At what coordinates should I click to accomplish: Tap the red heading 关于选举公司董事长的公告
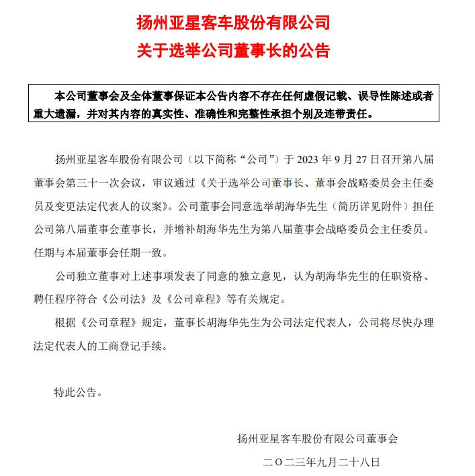237,50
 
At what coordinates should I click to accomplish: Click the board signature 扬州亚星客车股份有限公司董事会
317,439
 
